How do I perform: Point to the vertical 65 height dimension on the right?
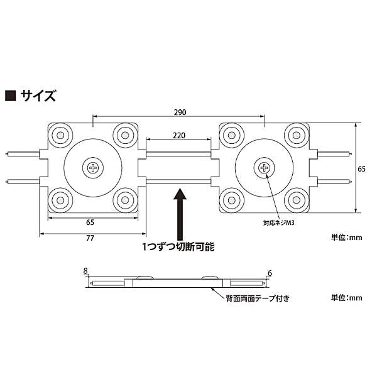[362, 168]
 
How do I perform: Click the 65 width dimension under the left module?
[90, 222]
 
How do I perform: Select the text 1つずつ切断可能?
[179, 248]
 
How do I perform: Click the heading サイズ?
[39, 96]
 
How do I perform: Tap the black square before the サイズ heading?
[11, 96]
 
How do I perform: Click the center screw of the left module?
[94, 168]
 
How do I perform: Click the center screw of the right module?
[265, 168]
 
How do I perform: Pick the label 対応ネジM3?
[280, 222]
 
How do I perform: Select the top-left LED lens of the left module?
[62, 135]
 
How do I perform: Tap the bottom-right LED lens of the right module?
[296, 200]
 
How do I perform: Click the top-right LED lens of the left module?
[124, 135]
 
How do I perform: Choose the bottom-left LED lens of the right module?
[233, 200]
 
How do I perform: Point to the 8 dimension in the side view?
[85, 271]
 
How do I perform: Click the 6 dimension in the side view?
[270, 272]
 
